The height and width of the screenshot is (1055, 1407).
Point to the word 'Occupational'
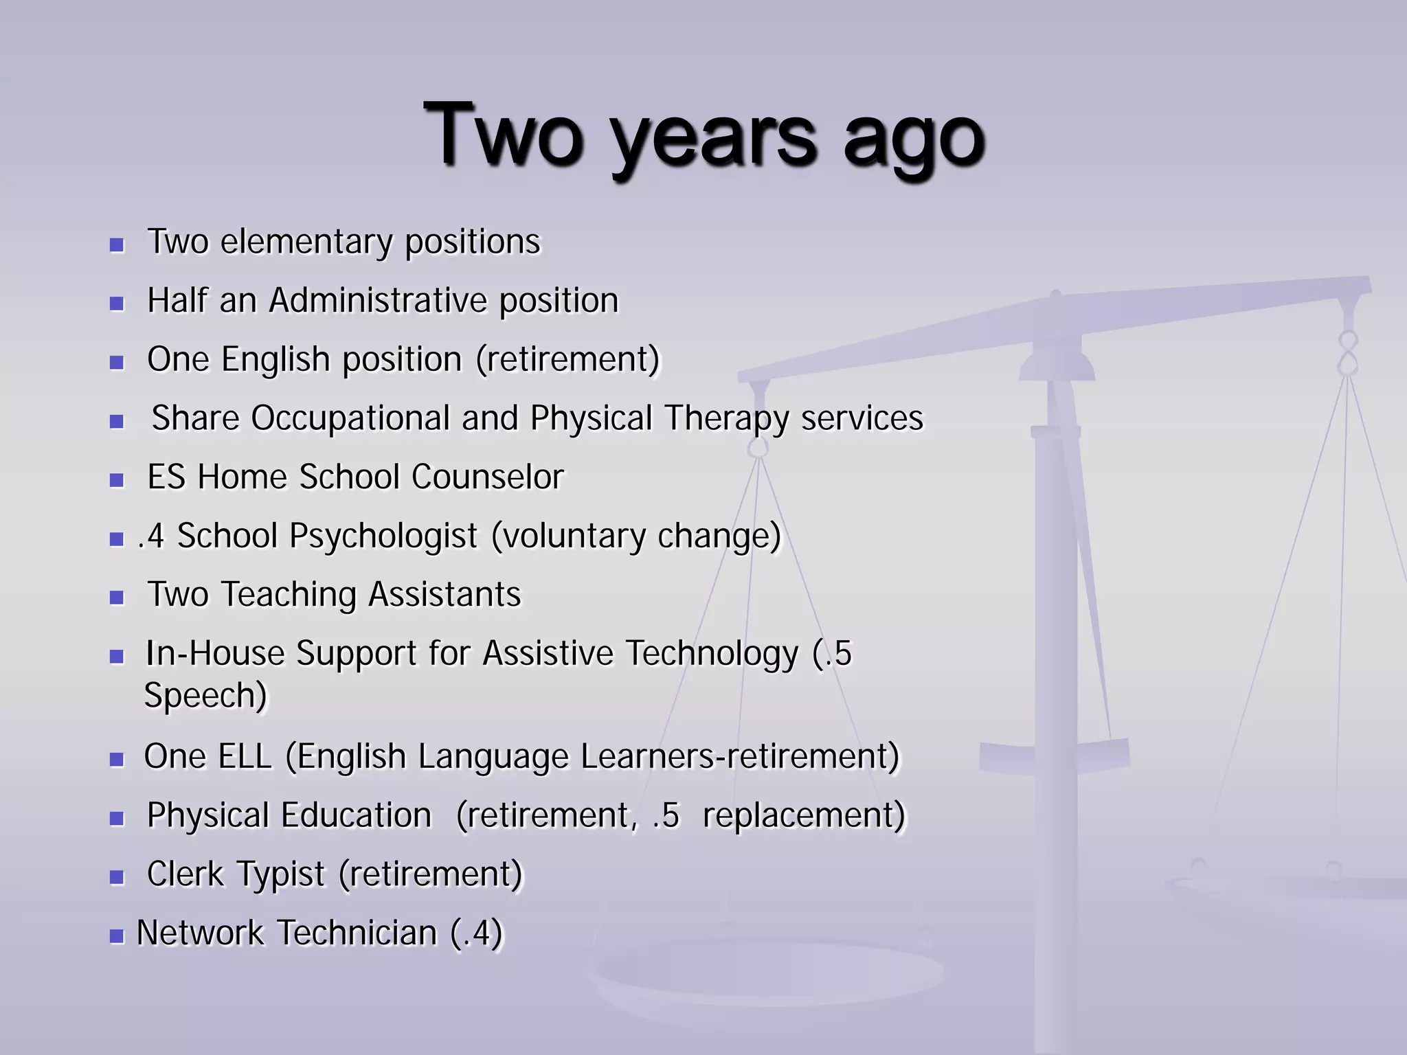pyautogui.click(x=350, y=418)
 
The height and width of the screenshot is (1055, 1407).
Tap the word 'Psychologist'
pyautogui.click(x=383, y=536)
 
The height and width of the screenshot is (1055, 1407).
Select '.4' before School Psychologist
pyautogui.click(x=151, y=536)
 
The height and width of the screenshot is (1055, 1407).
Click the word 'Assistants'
pyautogui.click(x=444, y=595)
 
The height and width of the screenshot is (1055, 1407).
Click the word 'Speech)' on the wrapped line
pyautogui.click(x=205, y=696)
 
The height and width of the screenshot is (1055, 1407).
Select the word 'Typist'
pyautogui.click(x=280, y=874)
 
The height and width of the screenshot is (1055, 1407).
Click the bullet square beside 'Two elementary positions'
pyautogui.click(x=117, y=245)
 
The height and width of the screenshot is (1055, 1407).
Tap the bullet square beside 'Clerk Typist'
pyautogui.click(x=117, y=877)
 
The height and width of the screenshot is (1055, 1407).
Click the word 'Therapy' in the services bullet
pyautogui.click(x=726, y=418)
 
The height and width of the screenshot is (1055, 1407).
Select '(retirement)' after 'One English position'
pyautogui.click(x=567, y=360)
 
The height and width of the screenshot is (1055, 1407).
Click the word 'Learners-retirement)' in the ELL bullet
pyautogui.click(x=739, y=757)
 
